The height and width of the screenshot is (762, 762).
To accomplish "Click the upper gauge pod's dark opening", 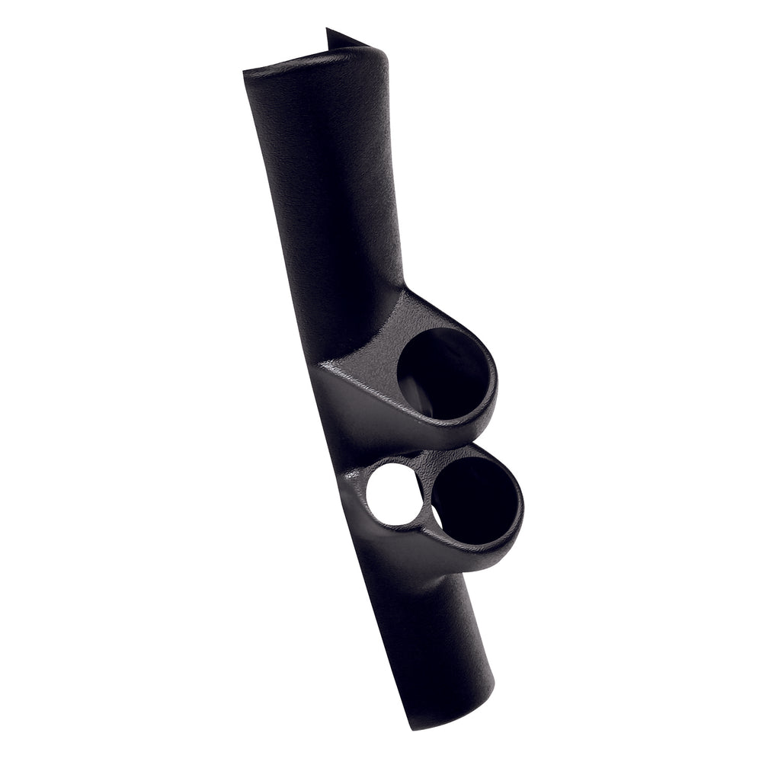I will (442, 373).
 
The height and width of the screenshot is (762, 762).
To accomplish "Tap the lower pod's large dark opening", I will (474, 501).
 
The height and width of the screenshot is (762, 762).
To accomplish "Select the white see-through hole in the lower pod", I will (393, 494).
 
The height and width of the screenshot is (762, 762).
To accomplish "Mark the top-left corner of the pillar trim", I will (245, 72).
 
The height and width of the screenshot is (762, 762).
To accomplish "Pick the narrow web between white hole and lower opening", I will (427, 499).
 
